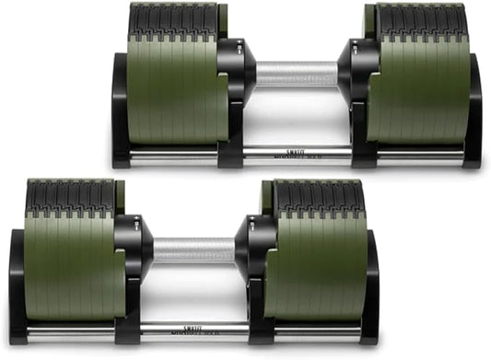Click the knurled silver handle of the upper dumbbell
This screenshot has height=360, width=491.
[x=297, y=74]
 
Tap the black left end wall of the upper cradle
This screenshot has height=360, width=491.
[x=121, y=110]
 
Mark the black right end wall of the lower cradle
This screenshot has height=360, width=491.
[x=370, y=285]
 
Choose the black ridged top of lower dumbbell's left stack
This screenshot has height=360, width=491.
[x=70, y=194]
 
